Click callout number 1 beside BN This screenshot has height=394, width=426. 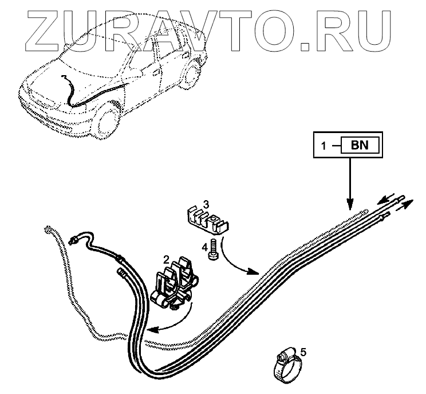pyautogui.click(x=324, y=146)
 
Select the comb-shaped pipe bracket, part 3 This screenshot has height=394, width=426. pyautogui.click(x=205, y=218)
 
